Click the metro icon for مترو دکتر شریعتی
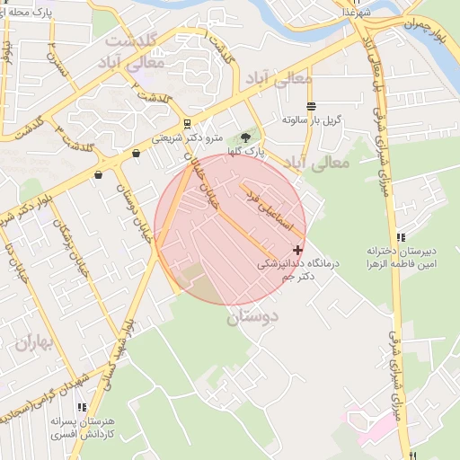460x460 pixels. click(x=186, y=124)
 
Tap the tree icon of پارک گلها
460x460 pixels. click(x=245, y=137)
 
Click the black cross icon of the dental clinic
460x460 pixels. click(x=298, y=249)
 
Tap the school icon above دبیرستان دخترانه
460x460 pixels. click(x=401, y=235)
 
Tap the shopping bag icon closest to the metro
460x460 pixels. click(x=136, y=154)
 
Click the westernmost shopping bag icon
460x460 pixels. click(x=97, y=175)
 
